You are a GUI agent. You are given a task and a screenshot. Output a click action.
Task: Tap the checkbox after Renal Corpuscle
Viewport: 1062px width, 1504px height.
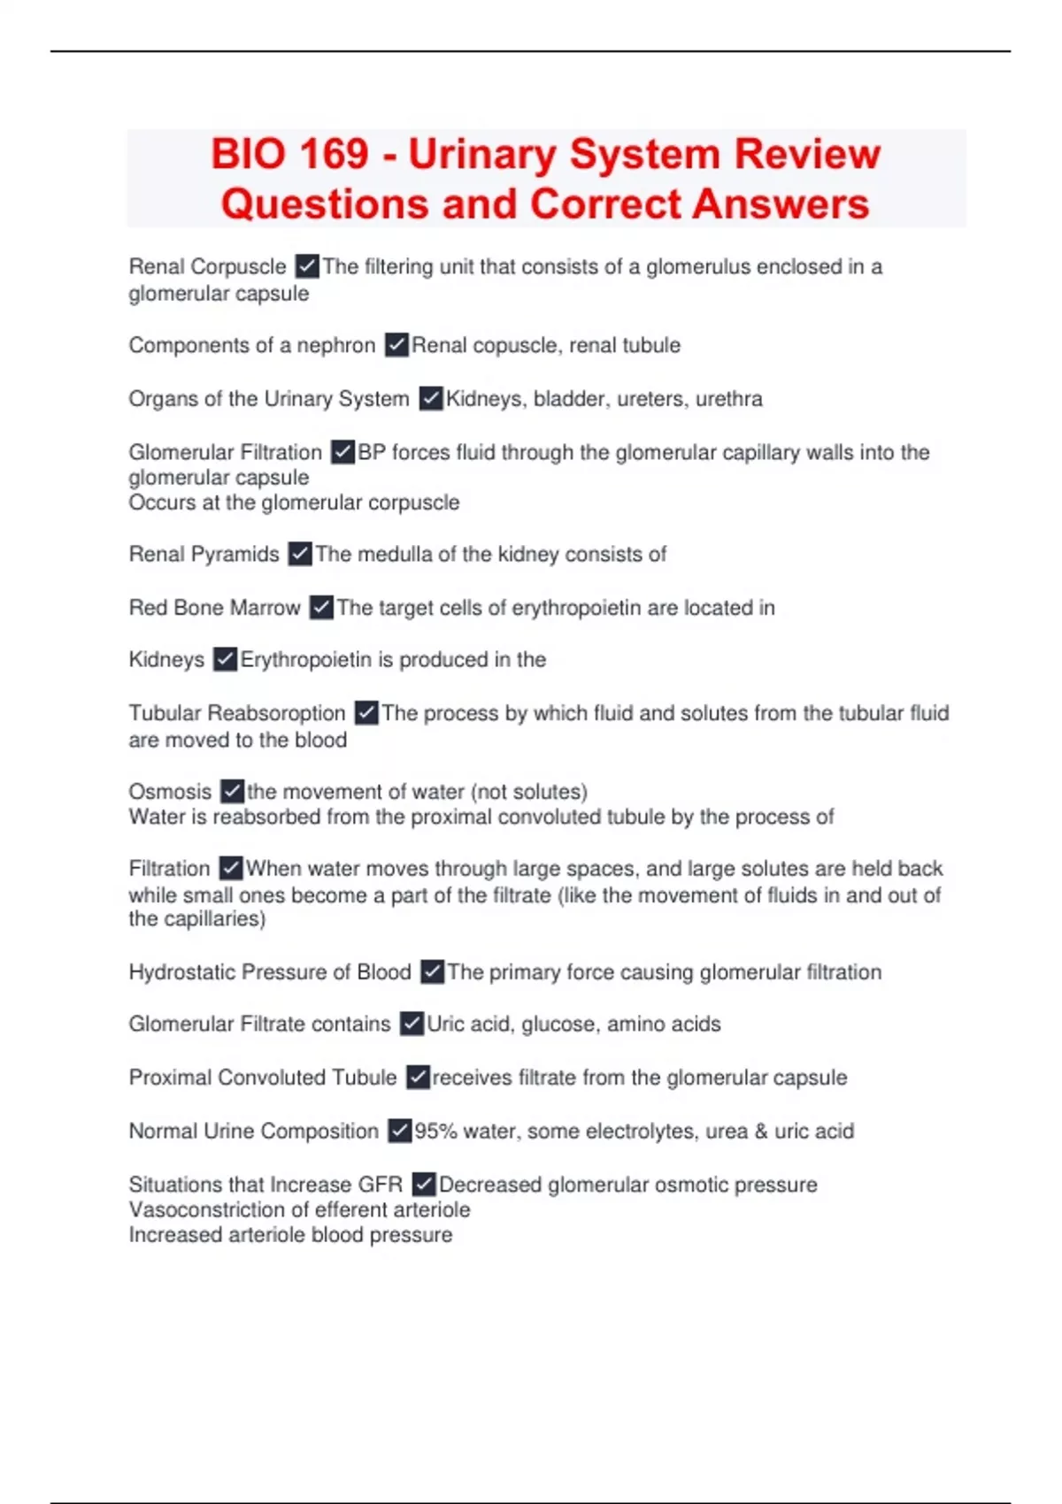(x=307, y=265)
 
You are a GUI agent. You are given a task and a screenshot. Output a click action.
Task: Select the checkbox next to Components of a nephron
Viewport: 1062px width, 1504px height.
(x=396, y=344)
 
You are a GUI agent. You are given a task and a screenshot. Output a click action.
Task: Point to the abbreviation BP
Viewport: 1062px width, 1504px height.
(x=371, y=452)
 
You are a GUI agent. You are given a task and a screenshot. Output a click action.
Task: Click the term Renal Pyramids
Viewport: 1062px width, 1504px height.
(x=204, y=555)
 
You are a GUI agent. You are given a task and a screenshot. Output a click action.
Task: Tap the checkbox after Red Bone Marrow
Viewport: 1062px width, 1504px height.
(x=321, y=607)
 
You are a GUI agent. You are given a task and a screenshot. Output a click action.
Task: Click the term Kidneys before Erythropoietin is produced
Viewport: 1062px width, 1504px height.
(x=166, y=660)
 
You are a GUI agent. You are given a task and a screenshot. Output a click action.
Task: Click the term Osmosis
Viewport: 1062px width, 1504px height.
(x=170, y=792)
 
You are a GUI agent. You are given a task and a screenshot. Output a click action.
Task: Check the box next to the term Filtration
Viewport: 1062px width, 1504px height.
(x=231, y=868)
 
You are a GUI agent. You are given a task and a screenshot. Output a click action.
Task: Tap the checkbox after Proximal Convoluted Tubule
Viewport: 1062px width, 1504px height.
(x=418, y=1077)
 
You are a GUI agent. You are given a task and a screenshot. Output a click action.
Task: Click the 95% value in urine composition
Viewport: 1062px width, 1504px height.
(x=435, y=1132)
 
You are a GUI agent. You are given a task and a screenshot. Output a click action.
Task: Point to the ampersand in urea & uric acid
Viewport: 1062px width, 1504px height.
(x=761, y=1132)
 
